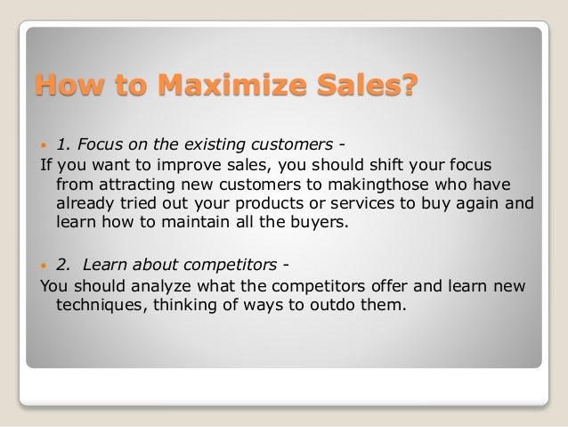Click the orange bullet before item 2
[x=45, y=266]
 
